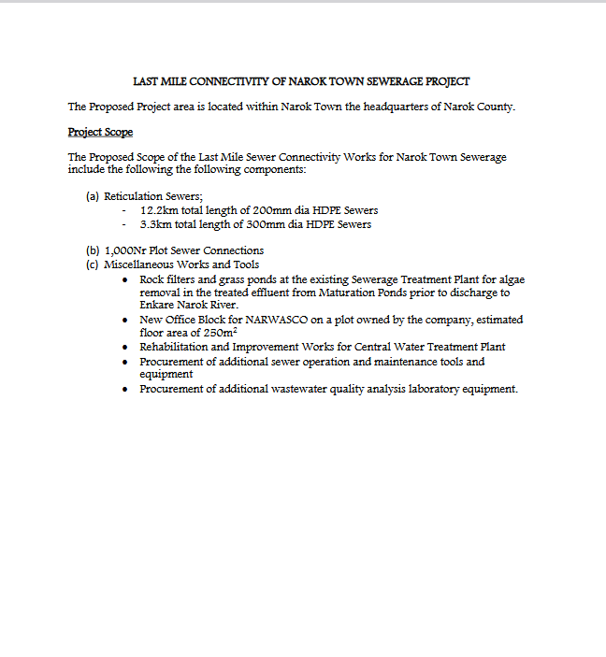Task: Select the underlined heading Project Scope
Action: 100,132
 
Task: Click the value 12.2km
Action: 159,211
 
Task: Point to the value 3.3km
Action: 158,224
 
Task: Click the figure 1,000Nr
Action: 125,250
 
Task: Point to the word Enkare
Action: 157,306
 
